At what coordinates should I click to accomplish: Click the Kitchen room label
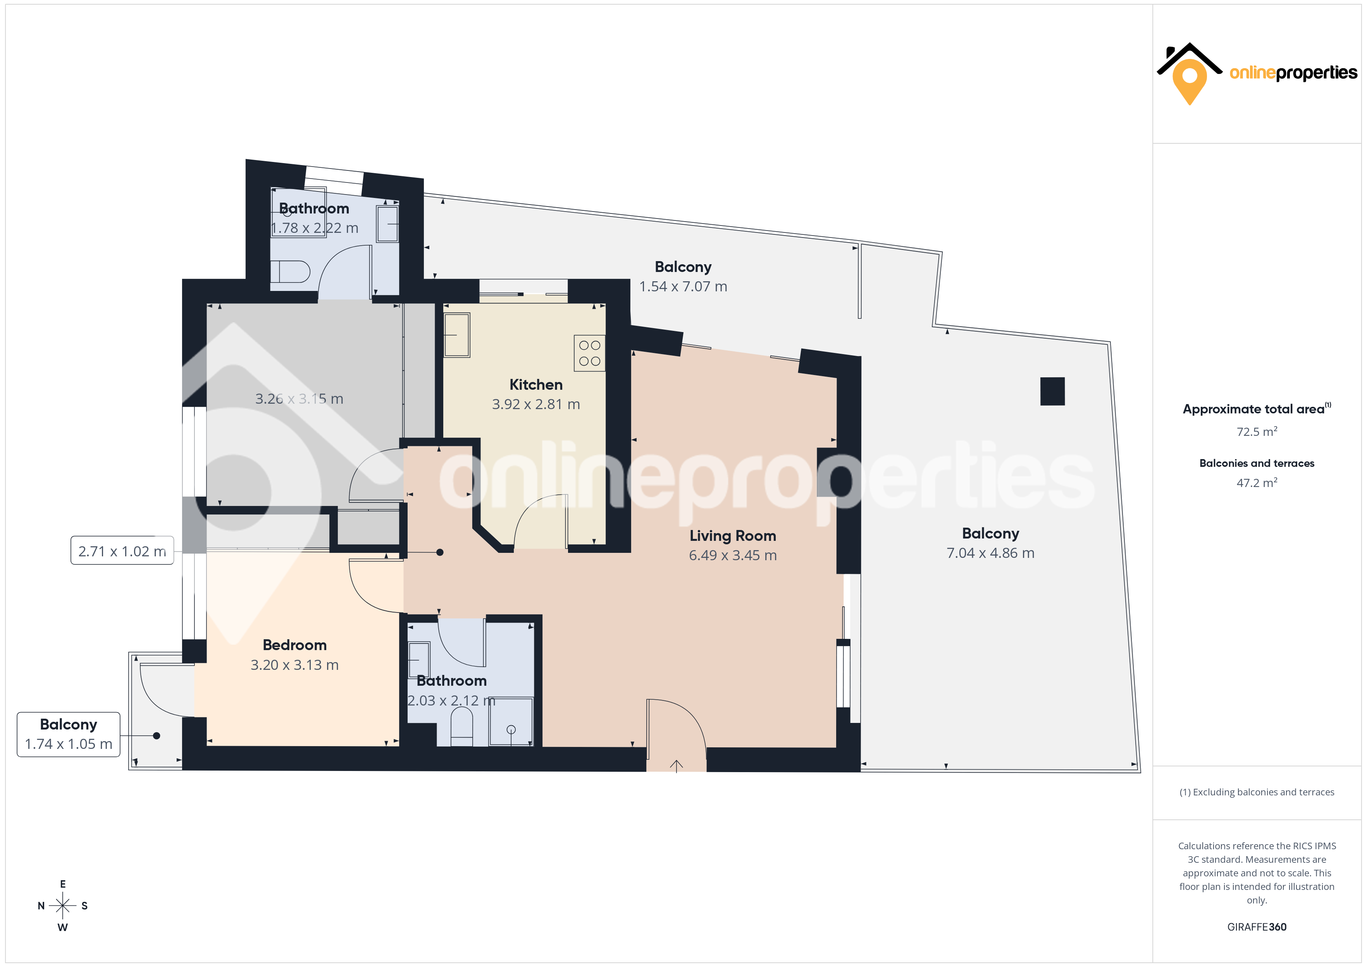coord(536,385)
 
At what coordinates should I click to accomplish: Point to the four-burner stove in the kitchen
coord(589,353)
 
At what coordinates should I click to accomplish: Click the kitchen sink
coord(457,335)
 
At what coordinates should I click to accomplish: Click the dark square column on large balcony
coord(1052,391)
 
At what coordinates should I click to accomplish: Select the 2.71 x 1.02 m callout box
coord(122,551)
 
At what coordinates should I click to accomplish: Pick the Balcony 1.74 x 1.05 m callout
coord(69,734)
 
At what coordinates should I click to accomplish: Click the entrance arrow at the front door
coord(677,766)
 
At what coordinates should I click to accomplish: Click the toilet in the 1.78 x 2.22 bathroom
coord(290,272)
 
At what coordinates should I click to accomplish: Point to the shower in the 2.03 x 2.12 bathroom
coord(511,722)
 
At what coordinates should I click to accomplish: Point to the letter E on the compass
coord(62,884)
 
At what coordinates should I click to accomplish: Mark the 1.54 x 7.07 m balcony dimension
coord(683,286)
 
